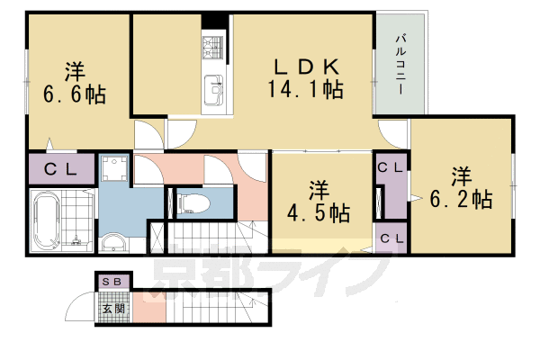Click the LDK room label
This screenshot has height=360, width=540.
click(x=306, y=67)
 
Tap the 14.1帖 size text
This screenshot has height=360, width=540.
click(x=303, y=88)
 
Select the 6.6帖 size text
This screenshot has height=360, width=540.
click(x=75, y=93)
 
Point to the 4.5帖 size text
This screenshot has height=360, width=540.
click(x=319, y=214)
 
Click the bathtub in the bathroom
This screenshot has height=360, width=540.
click(x=47, y=221)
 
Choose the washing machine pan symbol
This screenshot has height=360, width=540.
click(x=115, y=170)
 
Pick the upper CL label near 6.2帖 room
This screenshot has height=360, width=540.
click(x=391, y=167)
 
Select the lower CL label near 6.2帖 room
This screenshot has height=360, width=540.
click(x=391, y=238)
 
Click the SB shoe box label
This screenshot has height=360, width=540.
click(x=115, y=282)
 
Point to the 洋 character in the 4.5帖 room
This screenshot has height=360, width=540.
click(x=319, y=191)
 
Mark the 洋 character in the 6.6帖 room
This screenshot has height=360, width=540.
click(x=75, y=69)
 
